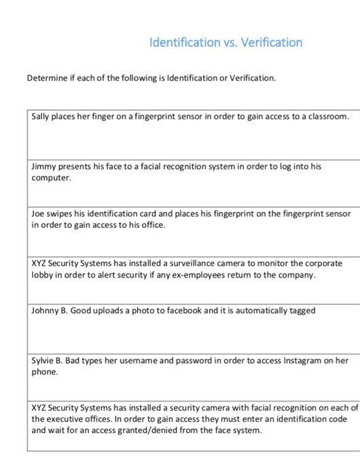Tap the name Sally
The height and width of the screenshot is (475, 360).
click(43, 117)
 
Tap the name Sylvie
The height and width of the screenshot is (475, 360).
click(44, 360)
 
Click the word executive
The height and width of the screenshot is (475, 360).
click(69, 419)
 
